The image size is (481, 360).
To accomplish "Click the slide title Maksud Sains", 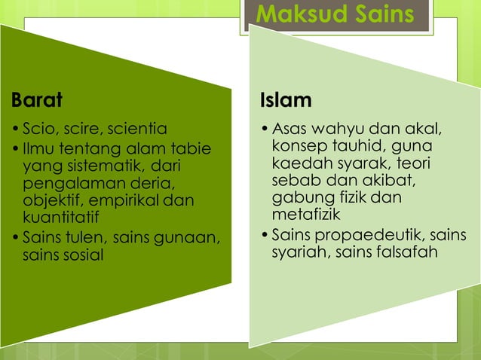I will click(335, 14).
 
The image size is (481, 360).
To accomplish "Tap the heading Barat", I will click(37, 99).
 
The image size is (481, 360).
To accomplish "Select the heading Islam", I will click(286, 99).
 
